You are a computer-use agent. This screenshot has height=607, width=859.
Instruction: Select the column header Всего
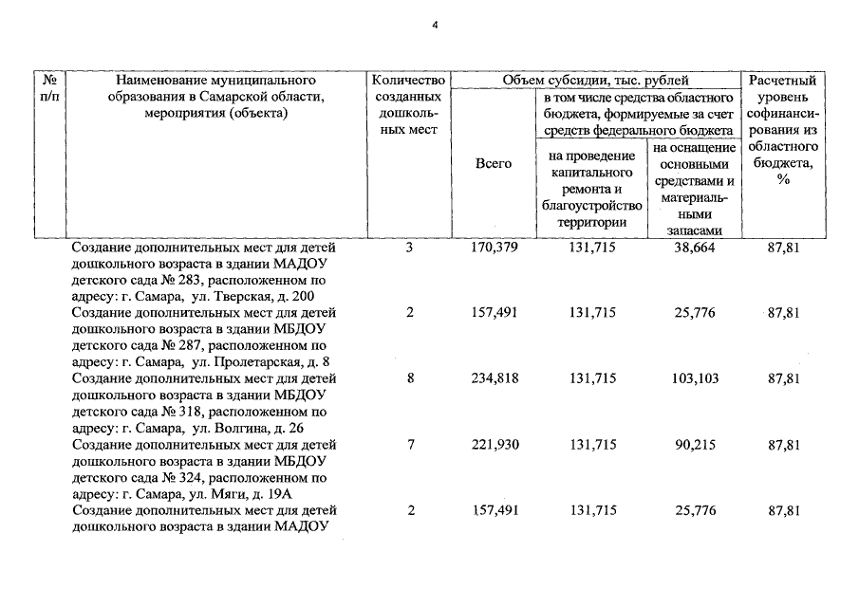[493, 164]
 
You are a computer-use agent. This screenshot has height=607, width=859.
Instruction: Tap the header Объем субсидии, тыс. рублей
[596, 82]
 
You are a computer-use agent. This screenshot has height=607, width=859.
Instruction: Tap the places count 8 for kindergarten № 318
[410, 378]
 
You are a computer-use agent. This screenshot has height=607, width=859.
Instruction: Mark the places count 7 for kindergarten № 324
[410, 445]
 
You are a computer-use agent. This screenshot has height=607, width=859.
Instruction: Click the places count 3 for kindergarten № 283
[410, 248]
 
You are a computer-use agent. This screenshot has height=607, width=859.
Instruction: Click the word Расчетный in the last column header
[783, 82]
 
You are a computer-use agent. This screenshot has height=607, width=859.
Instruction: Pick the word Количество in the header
[410, 82]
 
